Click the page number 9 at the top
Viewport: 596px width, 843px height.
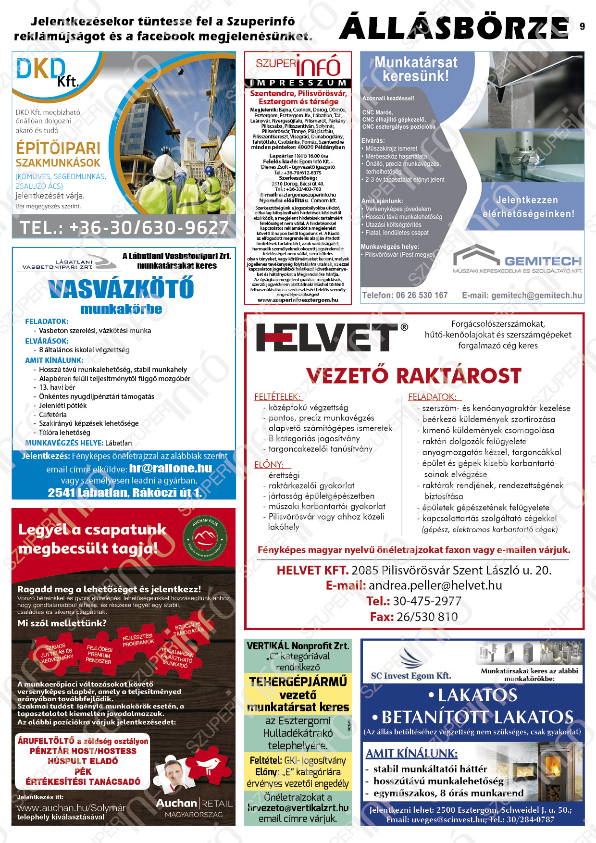pyautogui.click(x=582, y=26)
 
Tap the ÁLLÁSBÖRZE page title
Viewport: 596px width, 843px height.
pyautogui.click(x=454, y=28)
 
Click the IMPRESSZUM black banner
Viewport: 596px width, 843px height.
pyautogui.click(x=298, y=83)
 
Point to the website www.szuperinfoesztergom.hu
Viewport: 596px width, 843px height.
pyautogui.click(x=298, y=300)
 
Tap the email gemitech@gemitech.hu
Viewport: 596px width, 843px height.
pyautogui.click(x=522, y=295)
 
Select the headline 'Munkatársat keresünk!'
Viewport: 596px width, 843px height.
pyautogui.click(x=416, y=69)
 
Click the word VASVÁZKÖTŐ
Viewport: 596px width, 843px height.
pyautogui.click(x=121, y=288)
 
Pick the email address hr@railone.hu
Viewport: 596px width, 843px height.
pyautogui.click(x=171, y=468)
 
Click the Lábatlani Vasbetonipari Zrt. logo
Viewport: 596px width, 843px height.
pyautogui.click(x=64, y=264)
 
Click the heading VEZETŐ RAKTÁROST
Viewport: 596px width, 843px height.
pyautogui.click(x=413, y=376)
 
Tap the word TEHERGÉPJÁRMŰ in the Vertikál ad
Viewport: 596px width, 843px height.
pyautogui.click(x=298, y=682)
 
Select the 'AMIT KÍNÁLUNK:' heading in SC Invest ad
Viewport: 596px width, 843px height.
pyautogui.click(x=411, y=753)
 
